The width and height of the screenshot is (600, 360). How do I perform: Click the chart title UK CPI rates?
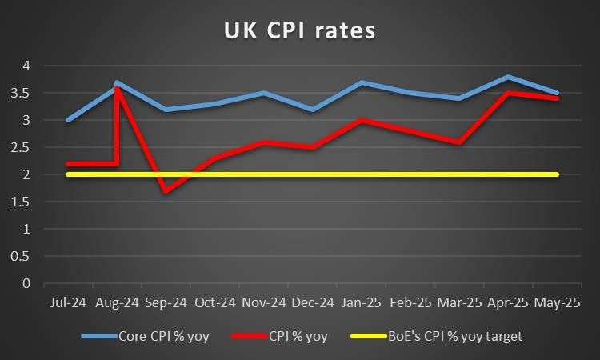pyautogui.click(x=299, y=31)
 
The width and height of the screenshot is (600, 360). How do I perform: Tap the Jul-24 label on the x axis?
pyautogui.click(x=67, y=304)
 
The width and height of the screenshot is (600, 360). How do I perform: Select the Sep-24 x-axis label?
pyautogui.click(x=166, y=304)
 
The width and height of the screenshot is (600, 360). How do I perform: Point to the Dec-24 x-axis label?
pyautogui.click(x=312, y=304)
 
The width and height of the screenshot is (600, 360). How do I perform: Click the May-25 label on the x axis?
pyautogui.click(x=557, y=304)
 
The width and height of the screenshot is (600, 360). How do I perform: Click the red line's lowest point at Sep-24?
pyautogui.click(x=166, y=191)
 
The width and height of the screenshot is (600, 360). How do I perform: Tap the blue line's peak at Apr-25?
pyautogui.click(x=508, y=77)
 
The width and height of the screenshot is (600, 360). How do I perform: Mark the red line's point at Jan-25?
pyautogui.click(x=362, y=120)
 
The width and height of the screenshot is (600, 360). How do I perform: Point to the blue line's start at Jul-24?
pyautogui.click(x=67, y=120)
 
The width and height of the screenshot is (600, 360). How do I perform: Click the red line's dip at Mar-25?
pyautogui.click(x=459, y=143)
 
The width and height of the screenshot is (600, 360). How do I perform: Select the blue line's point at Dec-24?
pyautogui.click(x=312, y=110)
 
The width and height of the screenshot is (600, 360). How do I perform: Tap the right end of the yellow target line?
pyautogui.click(x=557, y=174)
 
